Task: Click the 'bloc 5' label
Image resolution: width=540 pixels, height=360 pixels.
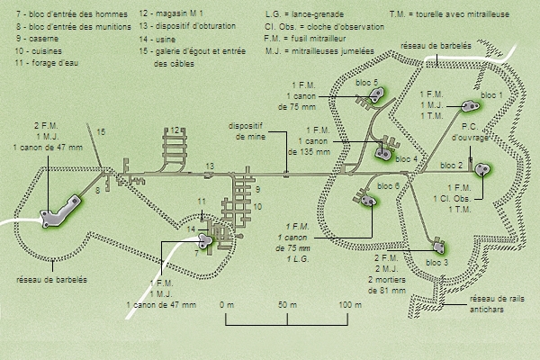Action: click(368, 83)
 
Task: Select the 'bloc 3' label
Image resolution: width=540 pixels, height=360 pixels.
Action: click(436, 262)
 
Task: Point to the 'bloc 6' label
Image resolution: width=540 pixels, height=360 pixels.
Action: click(390, 185)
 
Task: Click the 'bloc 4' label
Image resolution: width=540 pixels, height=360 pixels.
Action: click(408, 158)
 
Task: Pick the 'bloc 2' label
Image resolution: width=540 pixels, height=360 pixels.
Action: click(451, 166)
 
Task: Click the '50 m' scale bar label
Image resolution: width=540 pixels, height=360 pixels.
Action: click(288, 306)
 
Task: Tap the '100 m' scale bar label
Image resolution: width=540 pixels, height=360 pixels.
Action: click(349, 306)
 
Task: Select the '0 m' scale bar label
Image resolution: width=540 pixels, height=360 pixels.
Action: click(226, 306)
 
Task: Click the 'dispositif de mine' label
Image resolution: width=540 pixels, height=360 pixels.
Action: click(246, 132)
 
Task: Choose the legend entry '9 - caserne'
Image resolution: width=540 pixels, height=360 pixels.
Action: click(36, 40)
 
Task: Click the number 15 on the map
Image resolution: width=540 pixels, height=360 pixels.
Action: click(101, 132)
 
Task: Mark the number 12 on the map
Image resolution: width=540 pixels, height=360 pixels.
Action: click(176, 130)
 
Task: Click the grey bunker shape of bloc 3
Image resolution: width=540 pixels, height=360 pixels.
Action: click(438, 245)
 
